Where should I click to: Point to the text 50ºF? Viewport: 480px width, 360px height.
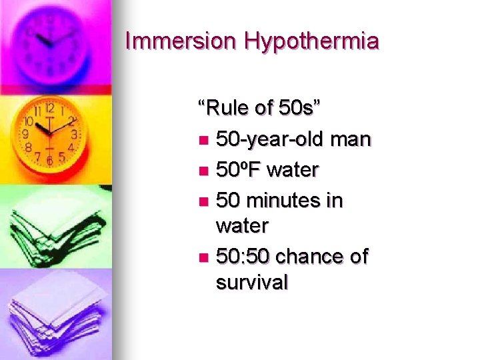click(240, 170)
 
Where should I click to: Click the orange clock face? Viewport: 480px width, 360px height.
click(49, 133)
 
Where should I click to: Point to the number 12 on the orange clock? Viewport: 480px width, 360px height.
click(49, 107)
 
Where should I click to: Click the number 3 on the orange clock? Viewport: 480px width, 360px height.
click(75, 134)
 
